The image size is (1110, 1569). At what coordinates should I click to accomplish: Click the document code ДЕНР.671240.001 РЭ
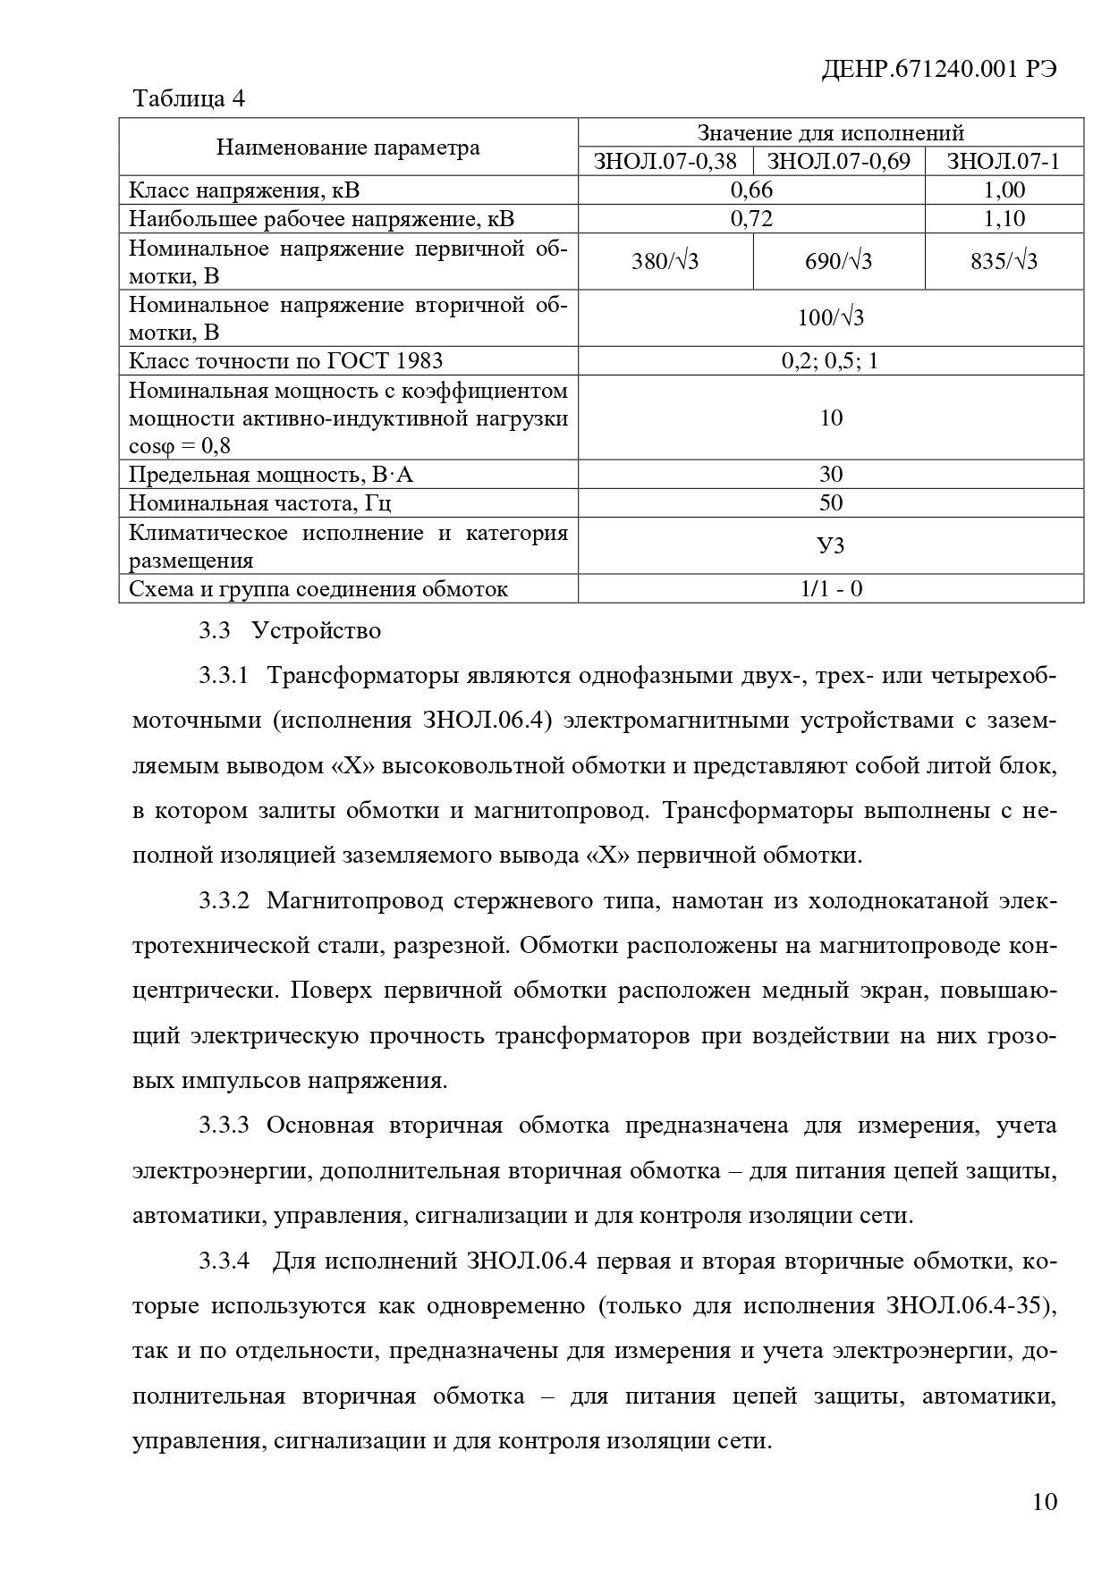[938, 70]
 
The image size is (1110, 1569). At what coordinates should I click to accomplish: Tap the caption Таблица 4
[188, 98]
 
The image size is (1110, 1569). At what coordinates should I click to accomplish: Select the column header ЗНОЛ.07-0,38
[665, 162]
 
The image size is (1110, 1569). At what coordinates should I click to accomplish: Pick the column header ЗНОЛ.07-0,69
[839, 162]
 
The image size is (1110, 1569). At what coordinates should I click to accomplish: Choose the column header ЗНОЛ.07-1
[1003, 162]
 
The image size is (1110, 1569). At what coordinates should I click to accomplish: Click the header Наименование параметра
[348, 148]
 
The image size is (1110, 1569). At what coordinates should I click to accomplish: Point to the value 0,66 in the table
[751, 190]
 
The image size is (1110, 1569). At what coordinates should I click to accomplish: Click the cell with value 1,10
[1004, 219]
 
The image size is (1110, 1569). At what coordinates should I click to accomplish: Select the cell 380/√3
[665, 262]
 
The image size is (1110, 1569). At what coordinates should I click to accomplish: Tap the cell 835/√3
[1004, 262]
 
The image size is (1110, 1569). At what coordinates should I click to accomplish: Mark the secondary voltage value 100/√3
[830, 318]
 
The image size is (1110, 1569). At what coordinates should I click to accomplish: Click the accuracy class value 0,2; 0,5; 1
[830, 361]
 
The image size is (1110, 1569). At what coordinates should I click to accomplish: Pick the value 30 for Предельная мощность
[830, 474]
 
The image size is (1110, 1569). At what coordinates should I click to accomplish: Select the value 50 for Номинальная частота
[830, 502]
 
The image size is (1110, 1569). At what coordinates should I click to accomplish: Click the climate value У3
[830, 545]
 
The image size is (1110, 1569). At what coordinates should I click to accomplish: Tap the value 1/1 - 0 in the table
[830, 589]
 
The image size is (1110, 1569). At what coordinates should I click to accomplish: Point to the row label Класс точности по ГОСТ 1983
[286, 361]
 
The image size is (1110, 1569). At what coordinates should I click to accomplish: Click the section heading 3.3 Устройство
[290, 631]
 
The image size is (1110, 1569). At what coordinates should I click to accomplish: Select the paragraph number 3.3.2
[224, 901]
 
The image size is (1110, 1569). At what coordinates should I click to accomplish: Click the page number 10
[1044, 1501]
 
